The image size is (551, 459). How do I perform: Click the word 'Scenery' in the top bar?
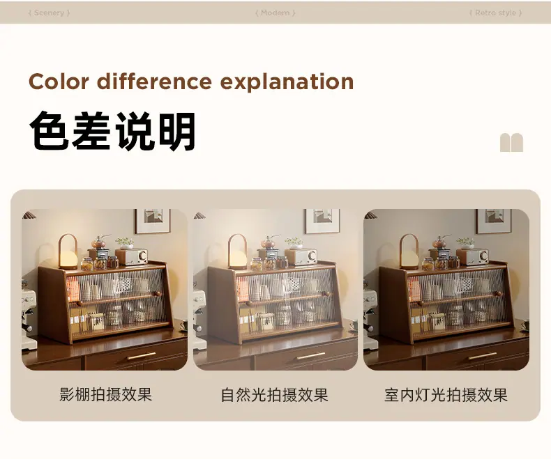point(49,13)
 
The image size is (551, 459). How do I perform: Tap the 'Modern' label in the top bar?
point(275,13)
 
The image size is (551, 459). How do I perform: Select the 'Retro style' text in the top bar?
point(495,13)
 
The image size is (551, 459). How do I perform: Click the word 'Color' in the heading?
point(59,81)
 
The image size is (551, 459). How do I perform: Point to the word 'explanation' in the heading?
point(287,82)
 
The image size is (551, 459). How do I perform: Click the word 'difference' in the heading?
point(154,81)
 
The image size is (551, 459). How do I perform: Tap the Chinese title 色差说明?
point(112,131)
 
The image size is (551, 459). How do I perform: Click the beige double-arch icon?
point(511,143)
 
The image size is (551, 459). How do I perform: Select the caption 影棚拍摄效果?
point(105,394)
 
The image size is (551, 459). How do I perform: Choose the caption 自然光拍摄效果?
point(274,395)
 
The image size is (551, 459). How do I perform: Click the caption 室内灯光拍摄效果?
point(446,395)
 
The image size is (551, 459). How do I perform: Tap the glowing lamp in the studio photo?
point(68,251)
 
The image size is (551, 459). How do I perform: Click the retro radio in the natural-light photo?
point(301,257)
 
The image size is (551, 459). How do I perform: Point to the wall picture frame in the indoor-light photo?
point(494,221)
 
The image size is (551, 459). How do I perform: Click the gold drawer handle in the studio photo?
point(142,356)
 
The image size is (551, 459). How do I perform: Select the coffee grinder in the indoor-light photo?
point(441,247)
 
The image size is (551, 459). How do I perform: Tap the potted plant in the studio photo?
point(125,242)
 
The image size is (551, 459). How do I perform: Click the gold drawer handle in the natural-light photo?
point(311,356)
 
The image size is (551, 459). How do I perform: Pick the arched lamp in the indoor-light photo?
point(409,251)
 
